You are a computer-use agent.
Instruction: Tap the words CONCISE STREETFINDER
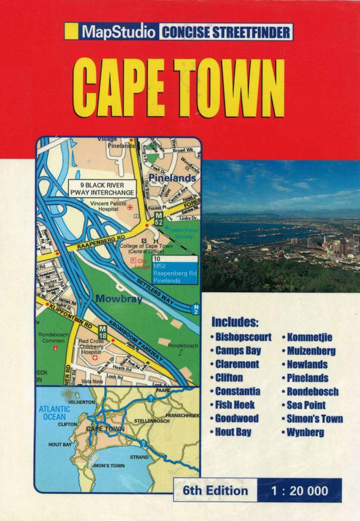226,32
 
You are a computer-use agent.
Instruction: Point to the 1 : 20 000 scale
300,490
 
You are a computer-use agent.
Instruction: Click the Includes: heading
234,322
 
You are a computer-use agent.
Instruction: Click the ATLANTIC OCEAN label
54,412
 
